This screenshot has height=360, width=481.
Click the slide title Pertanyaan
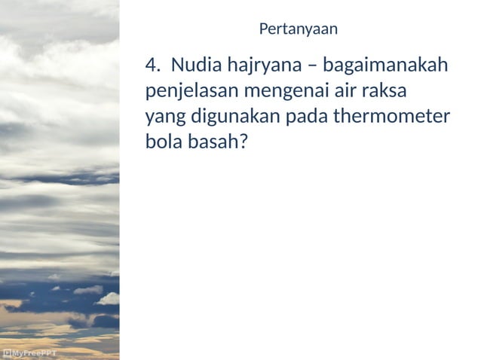[298, 30]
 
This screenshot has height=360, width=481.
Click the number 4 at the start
[151, 66]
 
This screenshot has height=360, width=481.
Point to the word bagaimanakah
[385, 66]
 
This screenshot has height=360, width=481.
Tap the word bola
[163, 142]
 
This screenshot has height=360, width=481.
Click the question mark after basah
[243, 142]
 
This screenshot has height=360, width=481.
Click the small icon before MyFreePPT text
[6, 352]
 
